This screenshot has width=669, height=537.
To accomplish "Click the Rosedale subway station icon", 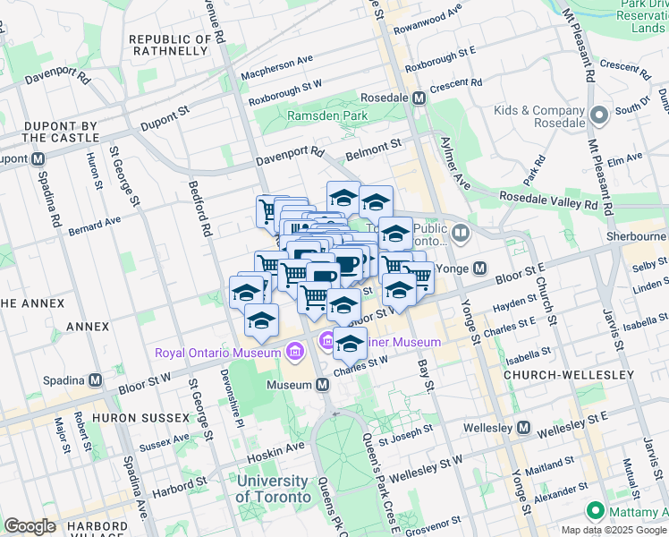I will click(418, 98).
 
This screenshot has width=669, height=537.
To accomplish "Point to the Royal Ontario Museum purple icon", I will click(294, 352).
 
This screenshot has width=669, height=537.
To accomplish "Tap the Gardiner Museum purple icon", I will click(327, 341).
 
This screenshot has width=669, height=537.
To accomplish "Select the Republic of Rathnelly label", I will click(171, 46).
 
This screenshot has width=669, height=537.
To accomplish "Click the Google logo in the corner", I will click(30, 525).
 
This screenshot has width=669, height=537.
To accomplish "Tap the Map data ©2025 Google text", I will click(614, 530).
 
